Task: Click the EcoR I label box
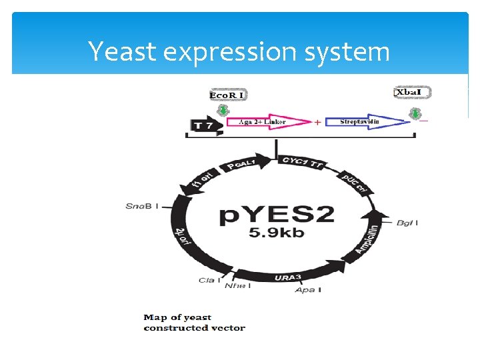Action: pyautogui.click(x=227, y=95)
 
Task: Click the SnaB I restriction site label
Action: pyautogui.click(x=142, y=206)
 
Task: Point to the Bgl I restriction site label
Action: pyautogui.click(x=406, y=222)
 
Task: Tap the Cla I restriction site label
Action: pyautogui.click(x=207, y=280)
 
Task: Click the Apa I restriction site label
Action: pyautogui.click(x=308, y=290)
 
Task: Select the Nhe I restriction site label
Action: pyautogui.click(x=237, y=286)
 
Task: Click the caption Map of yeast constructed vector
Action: pyautogui.click(x=194, y=323)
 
